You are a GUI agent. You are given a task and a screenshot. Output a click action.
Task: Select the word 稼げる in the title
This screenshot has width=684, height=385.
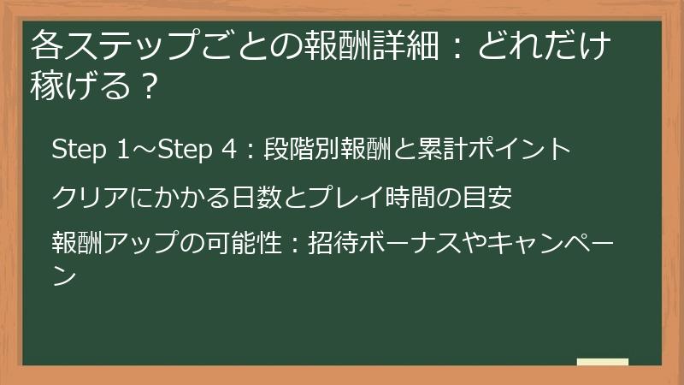(x=81, y=86)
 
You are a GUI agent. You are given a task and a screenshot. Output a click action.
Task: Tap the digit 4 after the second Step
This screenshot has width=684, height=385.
(x=227, y=150)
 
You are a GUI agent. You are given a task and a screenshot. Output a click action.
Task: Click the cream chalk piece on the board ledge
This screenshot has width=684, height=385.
(x=602, y=362)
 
